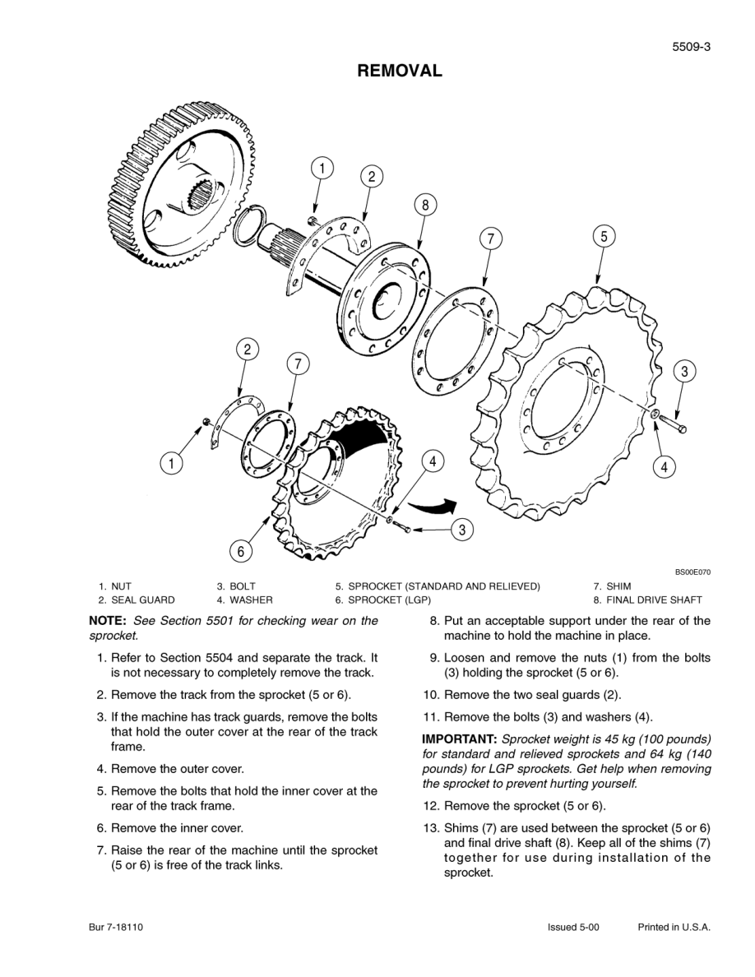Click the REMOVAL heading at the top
(399, 71)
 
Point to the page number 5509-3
(691, 47)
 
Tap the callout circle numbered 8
(424, 206)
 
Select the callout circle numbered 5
(603, 236)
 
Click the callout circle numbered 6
(240, 551)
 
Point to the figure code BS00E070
(692, 572)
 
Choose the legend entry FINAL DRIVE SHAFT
(654, 600)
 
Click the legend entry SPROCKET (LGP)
(389, 600)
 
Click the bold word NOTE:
(107, 621)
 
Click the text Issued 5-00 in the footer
(573, 927)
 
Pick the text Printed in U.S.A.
(674, 927)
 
